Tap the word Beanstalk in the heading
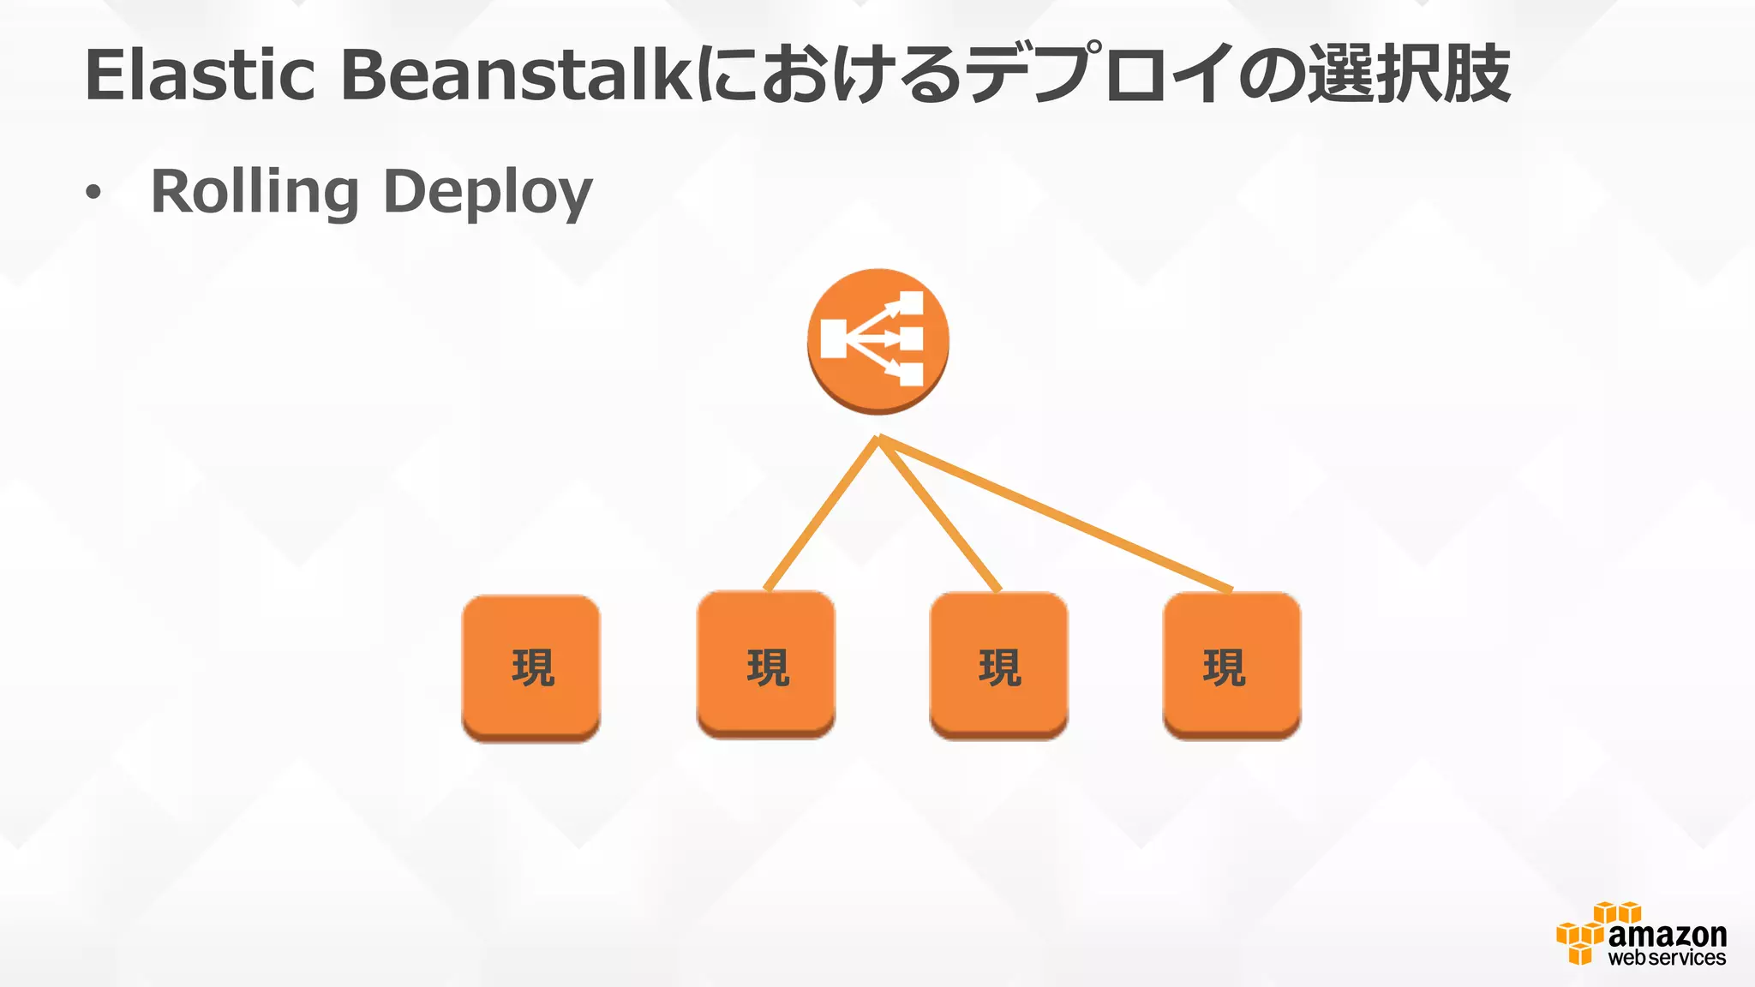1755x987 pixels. (x=516, y=75)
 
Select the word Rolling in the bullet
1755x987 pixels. (x=255, y=193)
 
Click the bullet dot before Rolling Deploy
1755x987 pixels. (x=93, y=194)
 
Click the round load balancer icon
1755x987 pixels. (x=877, y=340)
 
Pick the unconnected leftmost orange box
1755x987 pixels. (x=531, y=667)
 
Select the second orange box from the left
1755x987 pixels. (x=766, y=664)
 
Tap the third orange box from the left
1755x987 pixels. (x=999, y=665)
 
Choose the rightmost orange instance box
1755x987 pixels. (x=1231, y=665)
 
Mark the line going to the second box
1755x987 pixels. (x=821, y=514)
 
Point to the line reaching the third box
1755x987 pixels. (x=939, y=514)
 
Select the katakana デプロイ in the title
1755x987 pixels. (x=1105, y=75)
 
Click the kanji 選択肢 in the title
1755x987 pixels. (x=1409, y=75)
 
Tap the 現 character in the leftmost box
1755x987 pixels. (x=533, y=668)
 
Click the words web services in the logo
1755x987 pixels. (x=1667, y=958)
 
